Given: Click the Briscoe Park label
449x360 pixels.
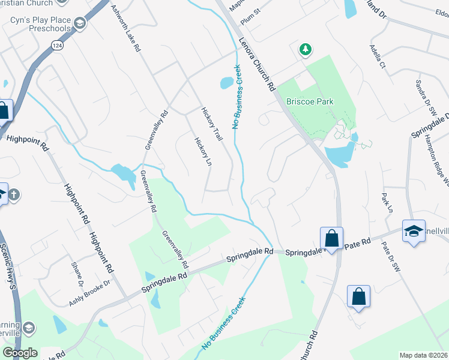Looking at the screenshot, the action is point(309,102).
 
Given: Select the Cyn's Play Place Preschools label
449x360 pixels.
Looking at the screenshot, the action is point(41,25).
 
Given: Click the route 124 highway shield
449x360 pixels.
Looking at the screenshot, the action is point(57,46).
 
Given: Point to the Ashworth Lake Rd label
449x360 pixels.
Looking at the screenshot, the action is point(125,28).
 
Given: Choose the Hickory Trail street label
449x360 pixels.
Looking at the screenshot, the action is point(212,124).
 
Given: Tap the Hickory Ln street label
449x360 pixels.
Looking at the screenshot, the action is point(200,152).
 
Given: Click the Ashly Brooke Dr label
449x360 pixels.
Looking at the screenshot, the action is point(90,292).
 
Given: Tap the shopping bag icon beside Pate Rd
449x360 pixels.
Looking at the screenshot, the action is point(331,238).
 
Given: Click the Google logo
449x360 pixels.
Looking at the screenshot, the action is point(20,353).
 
